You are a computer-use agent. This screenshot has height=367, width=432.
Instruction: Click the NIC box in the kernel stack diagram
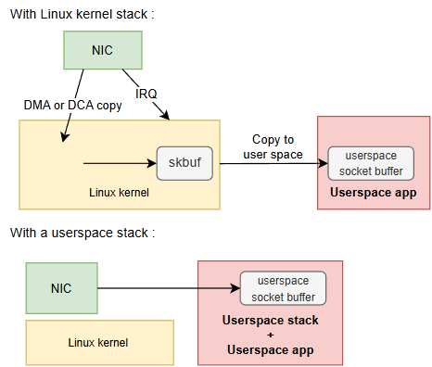pyautogui.click(x=103, y=50)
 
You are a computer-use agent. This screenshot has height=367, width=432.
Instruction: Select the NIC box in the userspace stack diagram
pyautogui.click(x=62, y=288)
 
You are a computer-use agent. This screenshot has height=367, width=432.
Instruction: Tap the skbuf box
pyautogui.click(x=184, y=163)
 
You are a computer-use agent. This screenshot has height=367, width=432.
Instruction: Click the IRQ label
pyautogui.click(x=146, y=94)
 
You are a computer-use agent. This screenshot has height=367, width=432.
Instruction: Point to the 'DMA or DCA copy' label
pyautogui.click(x=72, y=106)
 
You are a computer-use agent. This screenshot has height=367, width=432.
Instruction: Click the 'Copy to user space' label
pyautogui.click(x=273, y=147)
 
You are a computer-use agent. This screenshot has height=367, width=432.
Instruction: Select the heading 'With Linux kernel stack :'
pyautogui.click(x=83, y=14)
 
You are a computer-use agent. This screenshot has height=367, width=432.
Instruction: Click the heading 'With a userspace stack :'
pyautogui.click(x=83, y=233)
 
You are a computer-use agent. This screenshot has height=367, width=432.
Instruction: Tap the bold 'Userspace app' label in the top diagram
pyautogui.click(x=374, y=192)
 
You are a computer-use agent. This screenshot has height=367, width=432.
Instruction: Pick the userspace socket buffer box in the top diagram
pyautogui.click(x=371, y=163)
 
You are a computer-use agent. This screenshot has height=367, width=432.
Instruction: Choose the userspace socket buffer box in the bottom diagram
pyautogui.click(x=283, y=288)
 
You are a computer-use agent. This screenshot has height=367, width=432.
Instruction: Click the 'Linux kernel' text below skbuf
pyautogui.click(x=119, y=193)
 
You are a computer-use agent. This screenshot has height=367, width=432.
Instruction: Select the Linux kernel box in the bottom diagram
pyautogui.click(x=100, y=342)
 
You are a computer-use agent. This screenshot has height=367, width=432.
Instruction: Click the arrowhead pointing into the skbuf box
pyautogui.click(x=153, y=163)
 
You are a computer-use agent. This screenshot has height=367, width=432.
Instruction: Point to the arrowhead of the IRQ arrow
pyautogui.click(x=166, y=116)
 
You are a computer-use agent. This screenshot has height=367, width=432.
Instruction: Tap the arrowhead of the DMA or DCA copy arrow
pyautogui.click(x=65, y=138)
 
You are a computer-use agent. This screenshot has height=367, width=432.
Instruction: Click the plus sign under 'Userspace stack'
pyautogui.click(x=271, y=335)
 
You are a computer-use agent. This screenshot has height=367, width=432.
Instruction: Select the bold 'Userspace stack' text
pyautogui.click(x=271, y=320)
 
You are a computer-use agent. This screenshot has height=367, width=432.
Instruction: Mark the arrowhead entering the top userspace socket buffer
pyautogui.click(x=324, y=163)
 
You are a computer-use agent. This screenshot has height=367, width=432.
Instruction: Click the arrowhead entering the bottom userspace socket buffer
pyautogui.click(x=235, y=288)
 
